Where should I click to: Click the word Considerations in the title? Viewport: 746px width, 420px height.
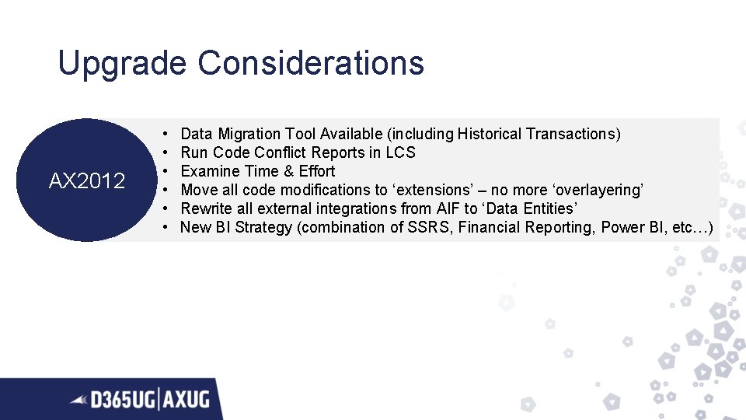[311, 62]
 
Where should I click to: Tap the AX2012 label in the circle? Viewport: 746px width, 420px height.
[86, 181]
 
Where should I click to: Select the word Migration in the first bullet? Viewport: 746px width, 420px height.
[249, 134]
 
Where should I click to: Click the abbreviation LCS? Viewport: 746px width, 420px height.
[401, 152]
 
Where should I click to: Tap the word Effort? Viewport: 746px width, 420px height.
[317, 171]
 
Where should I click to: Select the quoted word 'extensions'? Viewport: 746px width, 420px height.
[439, 190]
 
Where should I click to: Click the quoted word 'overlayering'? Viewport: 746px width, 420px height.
[598, 190]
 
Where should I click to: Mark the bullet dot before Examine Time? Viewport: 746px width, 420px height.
[167, 171]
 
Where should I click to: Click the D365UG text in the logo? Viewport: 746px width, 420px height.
[123, 400]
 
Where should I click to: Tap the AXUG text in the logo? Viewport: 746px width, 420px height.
[187, 400]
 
